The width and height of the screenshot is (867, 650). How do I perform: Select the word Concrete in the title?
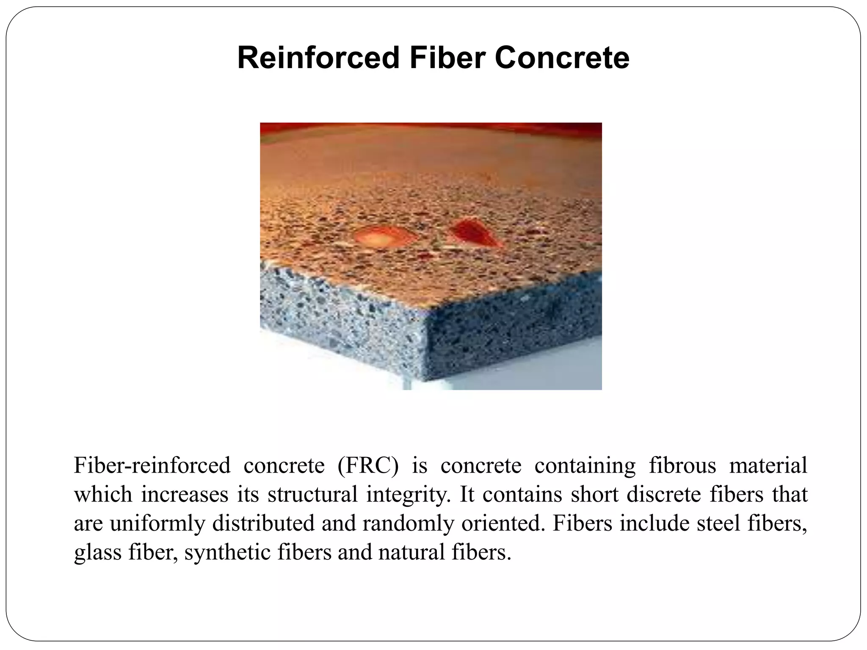[x=562, y=58]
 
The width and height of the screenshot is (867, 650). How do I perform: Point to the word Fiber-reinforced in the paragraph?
[x=152, y=465]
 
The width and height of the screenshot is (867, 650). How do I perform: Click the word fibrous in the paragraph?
[x=682, y=465]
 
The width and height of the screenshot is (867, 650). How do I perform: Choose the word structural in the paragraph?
[x=313, y=494]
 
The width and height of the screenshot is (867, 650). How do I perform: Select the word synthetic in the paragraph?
[x=227, y=552]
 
